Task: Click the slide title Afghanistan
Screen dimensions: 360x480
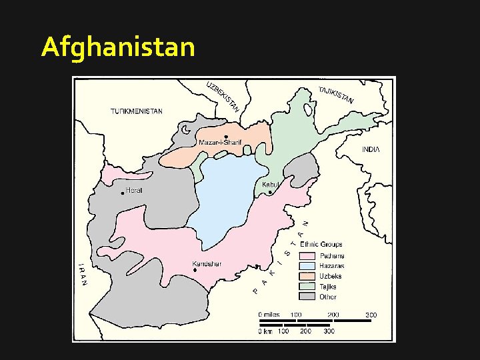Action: pyautogui.click(x=118, y=47)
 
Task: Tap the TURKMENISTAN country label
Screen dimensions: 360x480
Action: pyautogui.click(x=136, y=111)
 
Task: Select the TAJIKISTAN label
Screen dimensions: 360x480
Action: pyautogui.click(x=335, y=96)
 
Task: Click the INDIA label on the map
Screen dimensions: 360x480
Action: pyautogui.click(x=371, y=149)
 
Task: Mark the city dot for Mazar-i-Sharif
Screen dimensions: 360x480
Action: pyautogui.click(x=227, y=137)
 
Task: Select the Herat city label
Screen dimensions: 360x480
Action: pyautogui.click(x=134, y=191)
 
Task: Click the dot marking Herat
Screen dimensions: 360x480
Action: pyautogui.click(x=123, y=193)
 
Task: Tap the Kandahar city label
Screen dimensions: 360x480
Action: pyautogui.click(x=206, y=263)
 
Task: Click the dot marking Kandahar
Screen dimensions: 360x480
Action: pyautogui.click(x=195, y=270)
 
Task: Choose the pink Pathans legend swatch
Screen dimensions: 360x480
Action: pyautogui.click(x=307, y=256)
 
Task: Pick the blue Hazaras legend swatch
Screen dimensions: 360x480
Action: pyautogui.click(x=307, y=266)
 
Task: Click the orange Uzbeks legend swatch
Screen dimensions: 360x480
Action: pyautogui.click(x=307, y=276)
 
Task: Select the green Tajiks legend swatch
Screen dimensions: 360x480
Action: pyautogui.click(x=307, y=287)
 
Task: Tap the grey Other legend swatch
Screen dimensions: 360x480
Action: pyautogui.click(x=307, y=297)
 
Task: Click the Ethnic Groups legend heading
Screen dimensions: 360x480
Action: pyautogui.click(x=321, y=245)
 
